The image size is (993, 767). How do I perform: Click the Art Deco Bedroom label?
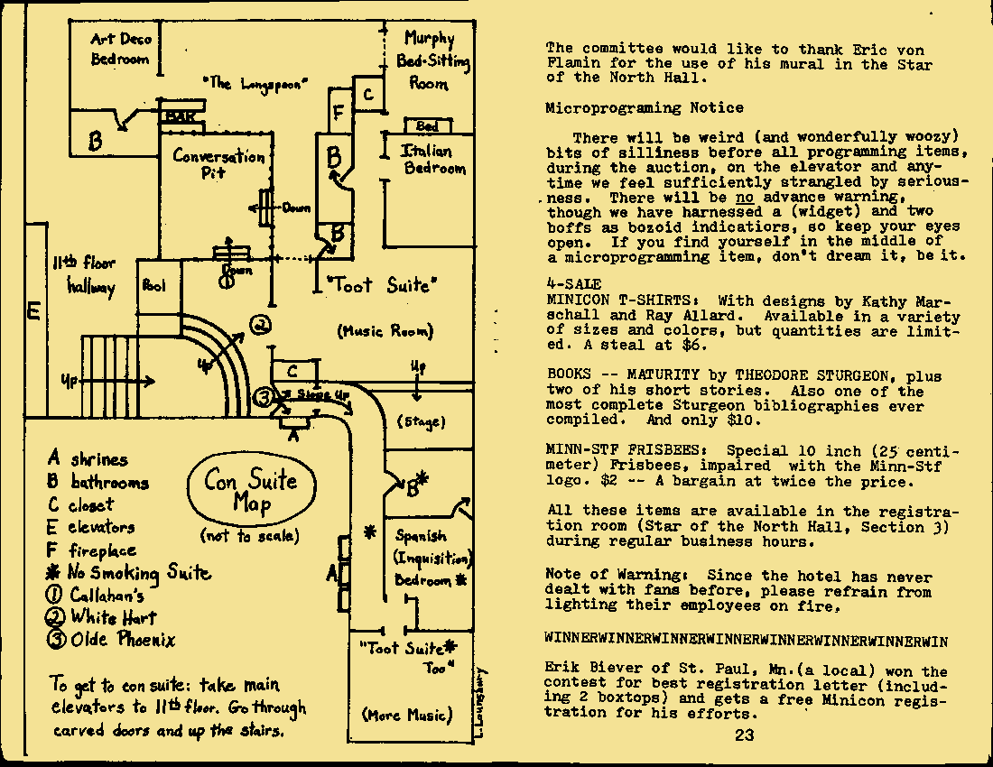click(122, 49)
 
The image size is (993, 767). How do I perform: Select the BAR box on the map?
click(182, 116)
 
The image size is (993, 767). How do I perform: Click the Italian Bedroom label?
click(434, 160)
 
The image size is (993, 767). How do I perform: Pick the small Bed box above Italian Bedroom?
click(427, 126)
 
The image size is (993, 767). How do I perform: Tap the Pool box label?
click(153, 286)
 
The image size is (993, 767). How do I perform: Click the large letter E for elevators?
click(33, 312)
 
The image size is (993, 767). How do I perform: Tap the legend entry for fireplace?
click(93, 550)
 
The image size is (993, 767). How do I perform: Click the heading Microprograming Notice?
click(645, 108)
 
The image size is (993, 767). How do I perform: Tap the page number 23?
click(744, 735)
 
